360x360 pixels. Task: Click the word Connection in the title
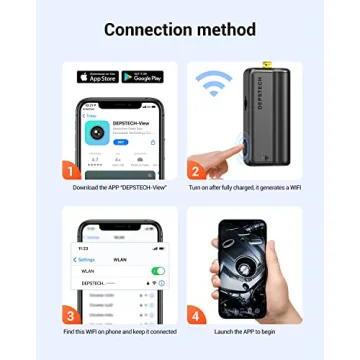point(149,29)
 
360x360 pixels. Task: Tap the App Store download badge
point(98,77)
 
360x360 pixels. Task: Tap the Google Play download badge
point(142,77)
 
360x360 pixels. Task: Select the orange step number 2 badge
point(196,170)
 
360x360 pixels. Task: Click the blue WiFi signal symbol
point(213,82)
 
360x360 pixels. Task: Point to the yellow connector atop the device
point(268,66)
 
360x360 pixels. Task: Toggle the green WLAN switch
point(158,271)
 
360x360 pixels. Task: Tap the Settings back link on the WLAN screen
point(86,260)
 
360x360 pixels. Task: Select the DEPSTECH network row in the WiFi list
point(120,283)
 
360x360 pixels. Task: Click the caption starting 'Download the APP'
point(118,187)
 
